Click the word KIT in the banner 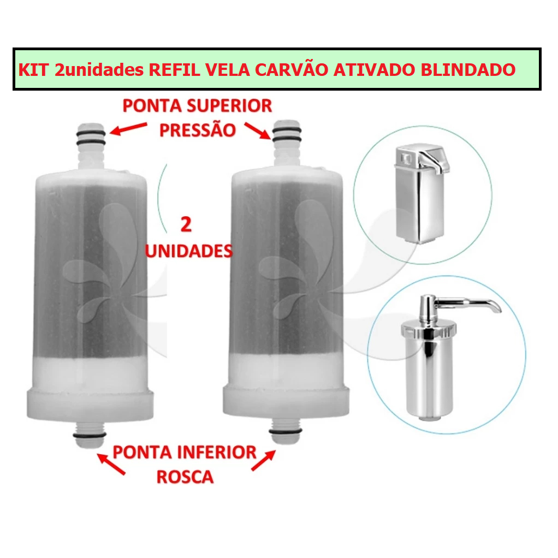click(33, 70)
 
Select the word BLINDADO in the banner click(468, 70)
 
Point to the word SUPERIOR click(229, 106)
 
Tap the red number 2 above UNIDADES click(186, 224)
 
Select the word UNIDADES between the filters click(188, 251)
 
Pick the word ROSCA click(185, 477)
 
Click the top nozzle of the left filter click(91, 146)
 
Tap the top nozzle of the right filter click(287, 143)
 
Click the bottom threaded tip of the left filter click(90, 434)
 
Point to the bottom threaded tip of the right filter click(286, 431)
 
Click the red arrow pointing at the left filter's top click(128, 128)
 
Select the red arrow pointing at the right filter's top click(257, 130)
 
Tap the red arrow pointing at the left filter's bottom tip click(111, 464)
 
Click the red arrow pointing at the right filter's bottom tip click(264, 460)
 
